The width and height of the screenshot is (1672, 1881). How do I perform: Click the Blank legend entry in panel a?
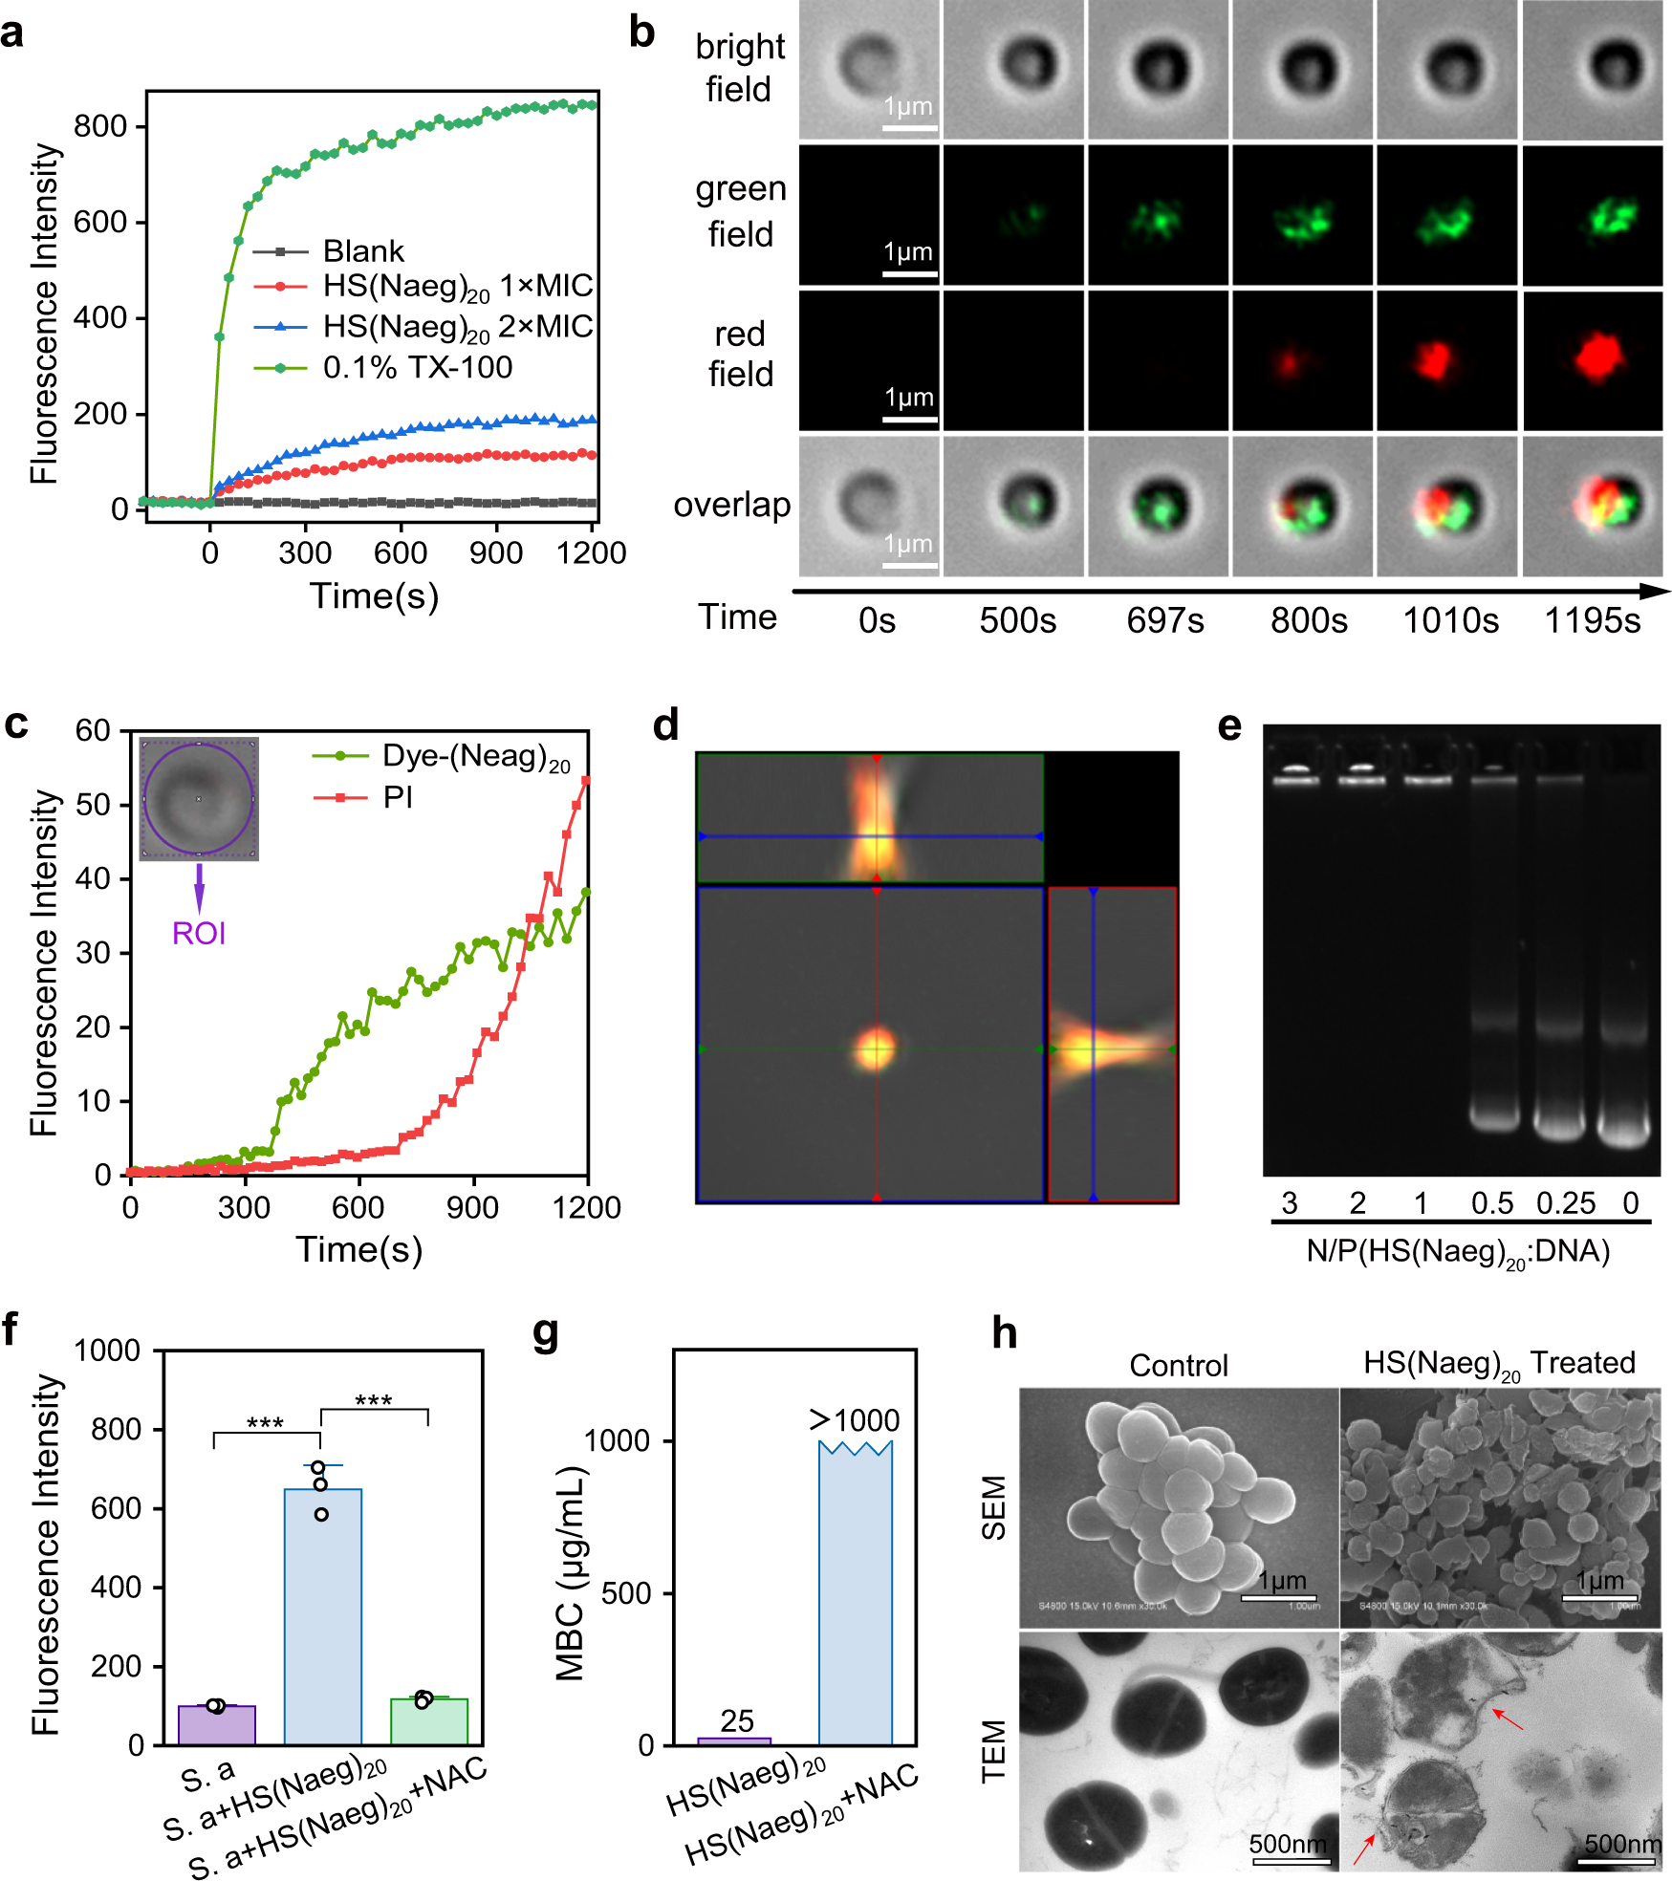pos(363,251)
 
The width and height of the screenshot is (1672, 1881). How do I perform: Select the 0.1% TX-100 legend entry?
pos(417,367)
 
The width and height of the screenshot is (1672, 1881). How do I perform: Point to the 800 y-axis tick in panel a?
pos(100,126)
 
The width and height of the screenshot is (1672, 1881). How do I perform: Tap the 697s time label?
pos(1164,621)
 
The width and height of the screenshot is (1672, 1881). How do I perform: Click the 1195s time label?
pos(1593,621)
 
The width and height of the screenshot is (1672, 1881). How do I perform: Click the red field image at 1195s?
pos(1593,360)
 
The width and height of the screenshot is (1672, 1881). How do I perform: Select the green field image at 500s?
pos(1014,215)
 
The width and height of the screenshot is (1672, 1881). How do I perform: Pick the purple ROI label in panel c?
pos(199,933)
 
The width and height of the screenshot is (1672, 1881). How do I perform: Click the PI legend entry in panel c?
pos(397,797)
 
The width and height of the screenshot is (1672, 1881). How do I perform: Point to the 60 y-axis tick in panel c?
pos(94,731)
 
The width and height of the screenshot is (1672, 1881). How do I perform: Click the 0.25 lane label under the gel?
pos(1565,1203)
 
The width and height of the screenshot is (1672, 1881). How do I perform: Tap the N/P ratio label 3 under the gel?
pos(1290,1203)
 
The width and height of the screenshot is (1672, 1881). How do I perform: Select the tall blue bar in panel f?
pos(323,1615)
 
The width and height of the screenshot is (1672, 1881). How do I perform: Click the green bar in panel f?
pos(429,1720)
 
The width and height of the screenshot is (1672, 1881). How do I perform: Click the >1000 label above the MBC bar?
pos(855,1420)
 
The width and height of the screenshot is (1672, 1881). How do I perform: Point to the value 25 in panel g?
pos(737,1721)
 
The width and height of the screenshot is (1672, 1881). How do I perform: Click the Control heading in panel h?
pos(1178,1365)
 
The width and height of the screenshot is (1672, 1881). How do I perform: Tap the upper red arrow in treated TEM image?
pos(1509,1719)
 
